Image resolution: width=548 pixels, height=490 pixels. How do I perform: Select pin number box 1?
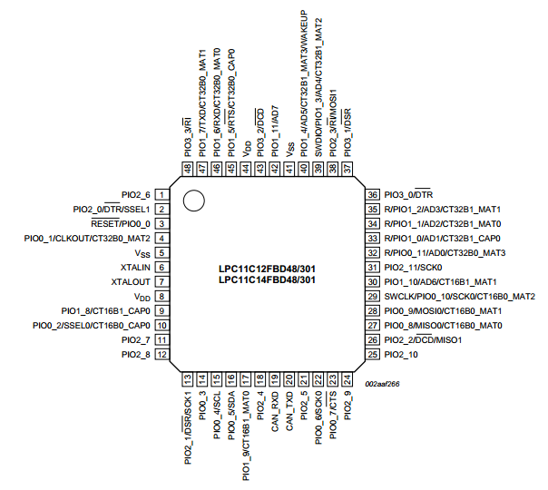161,195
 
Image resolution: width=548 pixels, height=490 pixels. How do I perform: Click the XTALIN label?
135,268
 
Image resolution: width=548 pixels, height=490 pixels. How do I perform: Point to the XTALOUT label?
132,282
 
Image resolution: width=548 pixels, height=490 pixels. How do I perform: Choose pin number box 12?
161,355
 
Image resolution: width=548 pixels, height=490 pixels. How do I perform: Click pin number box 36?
371,195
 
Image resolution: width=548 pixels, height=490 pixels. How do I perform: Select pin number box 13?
188,379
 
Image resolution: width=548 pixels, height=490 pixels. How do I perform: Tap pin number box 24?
347,379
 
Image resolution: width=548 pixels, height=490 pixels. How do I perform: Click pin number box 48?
188,168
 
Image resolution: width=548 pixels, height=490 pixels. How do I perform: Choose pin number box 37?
347,168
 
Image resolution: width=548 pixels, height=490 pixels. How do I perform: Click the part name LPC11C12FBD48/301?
267,269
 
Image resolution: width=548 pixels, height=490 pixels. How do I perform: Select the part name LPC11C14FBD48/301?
267,280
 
